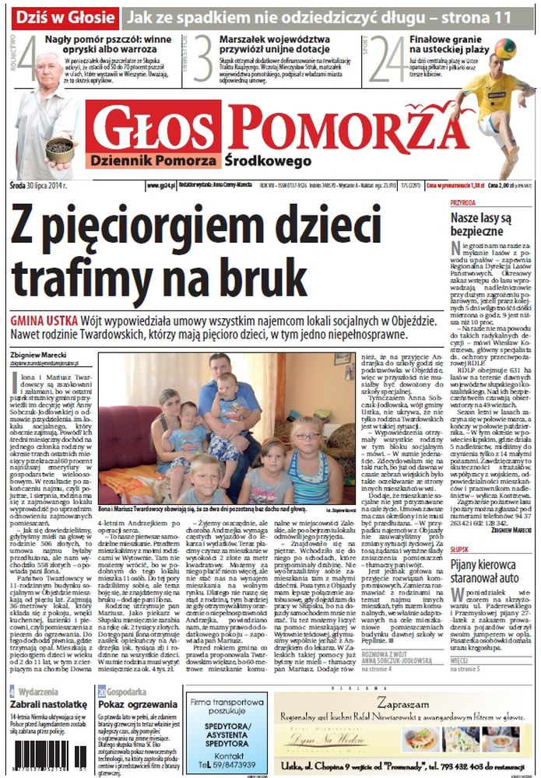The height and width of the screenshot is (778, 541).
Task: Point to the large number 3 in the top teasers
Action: [x=203, y=58]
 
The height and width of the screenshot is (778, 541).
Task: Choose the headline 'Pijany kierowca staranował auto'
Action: [x=487, y=537]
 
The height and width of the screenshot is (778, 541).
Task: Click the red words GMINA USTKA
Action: [x=44, y=321]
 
